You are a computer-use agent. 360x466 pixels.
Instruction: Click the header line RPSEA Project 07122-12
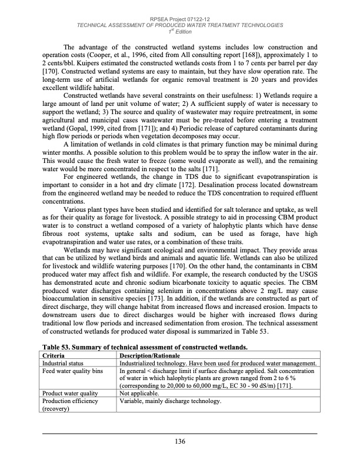[x=180, y=19]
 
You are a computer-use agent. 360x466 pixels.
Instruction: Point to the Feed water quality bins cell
[x=74, y=371]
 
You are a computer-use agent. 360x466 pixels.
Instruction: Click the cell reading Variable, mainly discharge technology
[x=171, y=401]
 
